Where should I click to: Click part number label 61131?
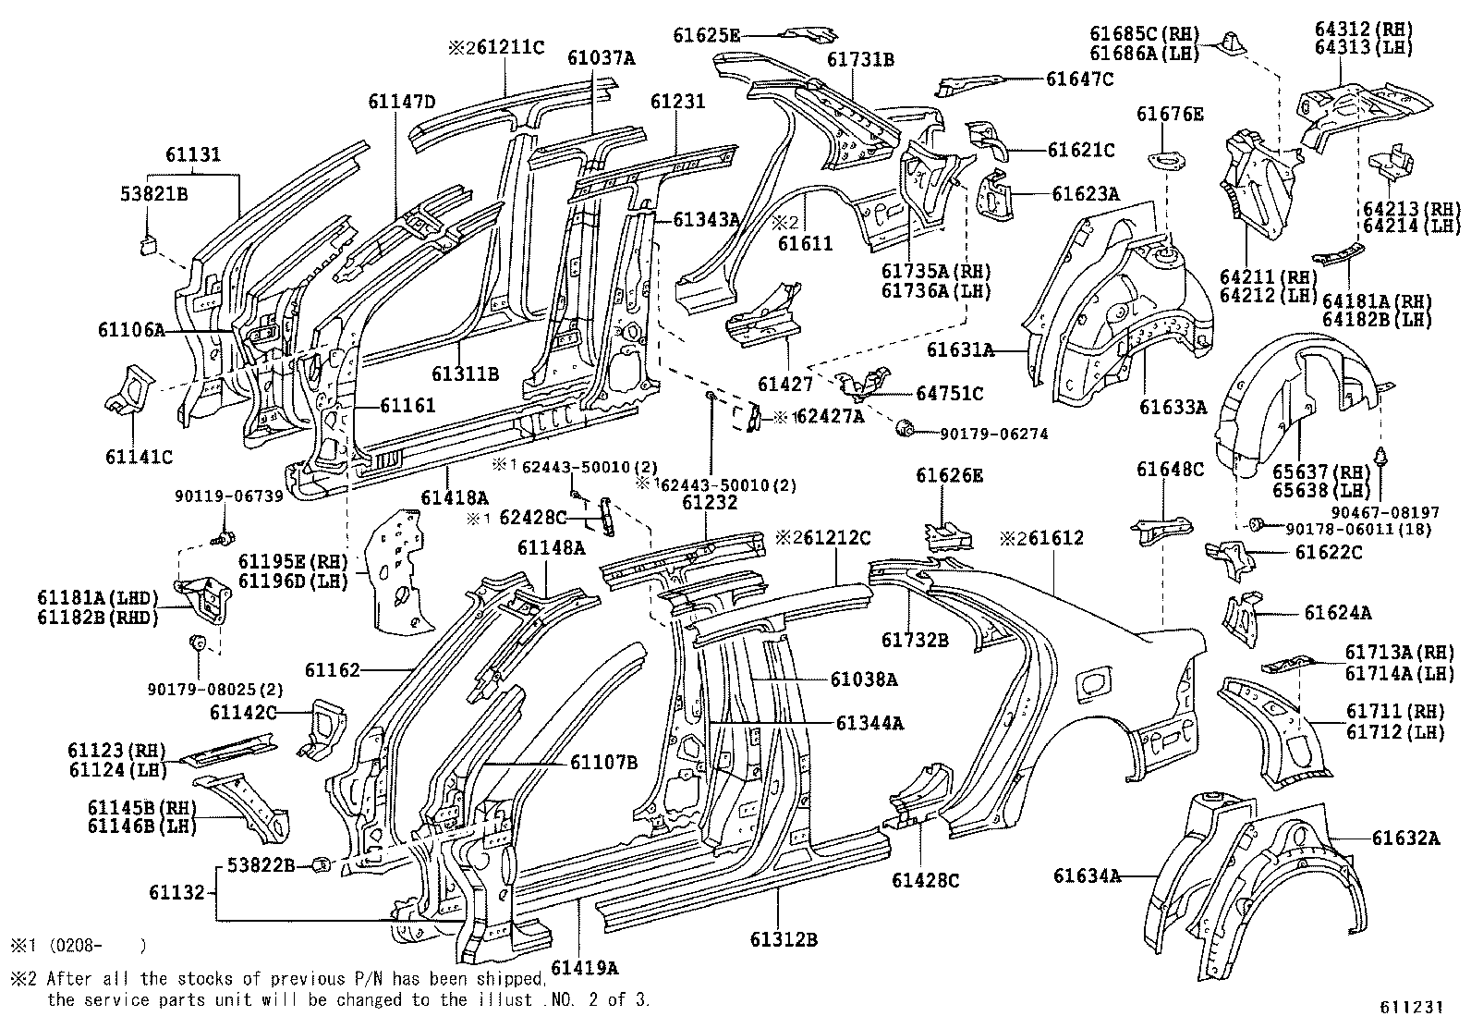pos(193,154)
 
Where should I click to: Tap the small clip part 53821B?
pos(149,243)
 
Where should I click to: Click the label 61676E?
pos(1170,115)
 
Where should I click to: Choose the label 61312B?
pos(784,940)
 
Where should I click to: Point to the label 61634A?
pos(1087,875)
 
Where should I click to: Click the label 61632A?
pos(1405,838)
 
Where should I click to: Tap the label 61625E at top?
pos(706,36)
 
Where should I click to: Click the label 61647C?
pos(1079,80)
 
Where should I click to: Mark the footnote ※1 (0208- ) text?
pos(78,945)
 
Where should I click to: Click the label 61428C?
pos(925,880)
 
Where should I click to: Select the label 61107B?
pos(603,763)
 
